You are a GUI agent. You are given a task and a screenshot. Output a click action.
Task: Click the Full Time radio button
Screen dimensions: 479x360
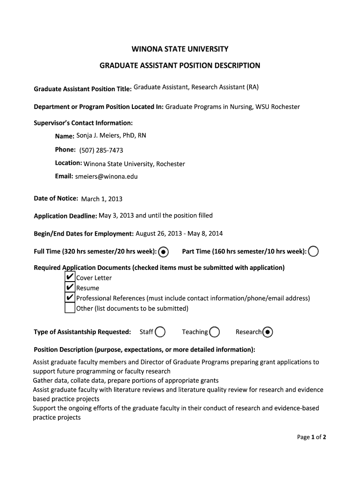163,252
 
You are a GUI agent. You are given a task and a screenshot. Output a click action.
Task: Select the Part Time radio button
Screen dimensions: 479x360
313,252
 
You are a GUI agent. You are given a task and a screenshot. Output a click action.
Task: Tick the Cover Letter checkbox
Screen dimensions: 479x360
69,277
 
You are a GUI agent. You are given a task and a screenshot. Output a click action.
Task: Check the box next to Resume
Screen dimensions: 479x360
69,287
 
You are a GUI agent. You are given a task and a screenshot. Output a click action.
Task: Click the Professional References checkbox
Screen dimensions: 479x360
69,298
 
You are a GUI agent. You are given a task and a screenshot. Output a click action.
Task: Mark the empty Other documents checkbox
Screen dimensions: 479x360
69,308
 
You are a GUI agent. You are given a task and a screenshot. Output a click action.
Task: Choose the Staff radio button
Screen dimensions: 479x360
160,332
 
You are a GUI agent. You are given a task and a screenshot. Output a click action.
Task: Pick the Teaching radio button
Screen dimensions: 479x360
215,332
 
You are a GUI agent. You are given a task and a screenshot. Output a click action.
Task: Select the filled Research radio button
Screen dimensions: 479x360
268,332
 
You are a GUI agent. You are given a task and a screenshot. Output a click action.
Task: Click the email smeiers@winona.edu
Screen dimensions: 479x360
107,176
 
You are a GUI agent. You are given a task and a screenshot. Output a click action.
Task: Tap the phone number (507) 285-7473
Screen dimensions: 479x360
101,150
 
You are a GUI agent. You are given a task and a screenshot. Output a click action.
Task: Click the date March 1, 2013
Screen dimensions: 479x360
102,199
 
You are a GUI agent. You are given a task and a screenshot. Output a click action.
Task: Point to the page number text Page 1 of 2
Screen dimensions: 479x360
311,437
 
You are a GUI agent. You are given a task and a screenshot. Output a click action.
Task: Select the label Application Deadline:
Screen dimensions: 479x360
65,216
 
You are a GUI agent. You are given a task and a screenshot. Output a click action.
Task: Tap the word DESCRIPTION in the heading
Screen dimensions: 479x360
235,65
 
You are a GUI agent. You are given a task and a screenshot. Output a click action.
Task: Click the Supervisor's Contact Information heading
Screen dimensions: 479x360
83,123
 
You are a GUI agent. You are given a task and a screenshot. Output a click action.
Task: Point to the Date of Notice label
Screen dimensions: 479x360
56,198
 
